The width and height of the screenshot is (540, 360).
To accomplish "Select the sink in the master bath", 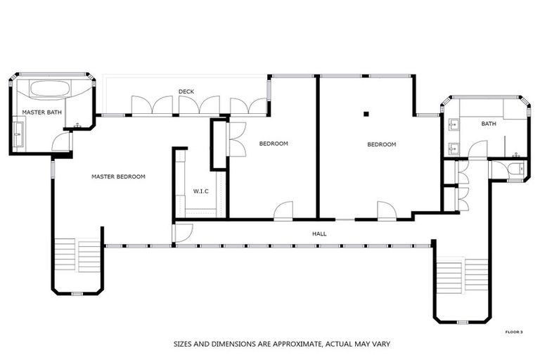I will click(x=18, y=131).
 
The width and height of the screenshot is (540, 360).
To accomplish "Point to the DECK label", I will click(x=186, y=91).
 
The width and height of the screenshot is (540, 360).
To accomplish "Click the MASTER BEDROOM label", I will click(x=118, y=176).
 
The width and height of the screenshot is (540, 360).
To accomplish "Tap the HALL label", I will click(x=319, y=233).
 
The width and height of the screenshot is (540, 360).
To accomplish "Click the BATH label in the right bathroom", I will click(x=488, y=124).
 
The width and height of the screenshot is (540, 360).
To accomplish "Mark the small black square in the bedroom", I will click(x=366, y=113).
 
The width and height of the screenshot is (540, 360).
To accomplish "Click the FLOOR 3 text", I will click(x=515, y=331).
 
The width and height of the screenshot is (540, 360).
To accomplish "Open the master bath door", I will click(x=62, y=143).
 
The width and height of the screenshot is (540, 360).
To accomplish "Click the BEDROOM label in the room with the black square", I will click(x=382, y=145).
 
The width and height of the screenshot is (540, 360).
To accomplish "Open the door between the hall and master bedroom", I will click(x=183, y=232).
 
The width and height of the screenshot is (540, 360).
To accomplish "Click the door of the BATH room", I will click(x=478, y=150).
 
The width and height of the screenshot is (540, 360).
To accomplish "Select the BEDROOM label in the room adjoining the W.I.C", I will click(x=274, y=144).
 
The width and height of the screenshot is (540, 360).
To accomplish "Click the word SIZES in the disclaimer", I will click(x=185, y=345).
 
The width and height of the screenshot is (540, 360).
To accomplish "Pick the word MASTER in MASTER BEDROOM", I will click(x=103, y=176).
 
